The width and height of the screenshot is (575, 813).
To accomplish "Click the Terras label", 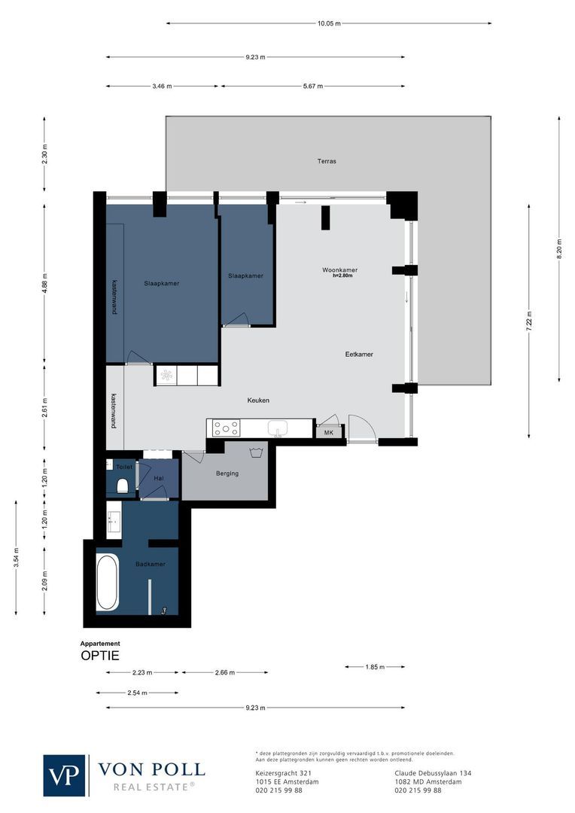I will click(x=327, y=161).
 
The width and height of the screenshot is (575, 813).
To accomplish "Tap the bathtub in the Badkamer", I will click(x=107, y=583).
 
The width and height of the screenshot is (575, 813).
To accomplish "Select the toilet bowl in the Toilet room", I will click(x=122, y=486).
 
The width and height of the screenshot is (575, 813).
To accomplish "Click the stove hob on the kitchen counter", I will click(x=226, y=428).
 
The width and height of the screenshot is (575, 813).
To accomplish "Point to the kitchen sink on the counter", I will click(x=277, y=428).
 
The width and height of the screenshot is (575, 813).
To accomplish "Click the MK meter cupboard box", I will click(x=328, y=433).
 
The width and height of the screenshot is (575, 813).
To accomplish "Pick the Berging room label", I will click(x=227, y=473).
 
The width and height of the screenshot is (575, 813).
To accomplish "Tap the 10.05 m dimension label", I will click(x=328, y=23).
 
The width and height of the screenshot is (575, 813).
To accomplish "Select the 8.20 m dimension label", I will click(x=558, y=248).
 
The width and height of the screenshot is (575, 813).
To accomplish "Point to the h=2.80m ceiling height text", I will click(x=342, y=276).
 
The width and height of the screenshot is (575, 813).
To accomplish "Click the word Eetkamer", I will click(x=359, y=354).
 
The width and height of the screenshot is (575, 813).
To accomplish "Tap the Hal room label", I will click(x=159, y=478).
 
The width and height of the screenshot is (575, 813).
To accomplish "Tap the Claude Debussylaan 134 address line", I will click(x=433, y=772).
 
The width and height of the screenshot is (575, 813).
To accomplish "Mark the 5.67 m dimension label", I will click(x=313, y=86).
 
